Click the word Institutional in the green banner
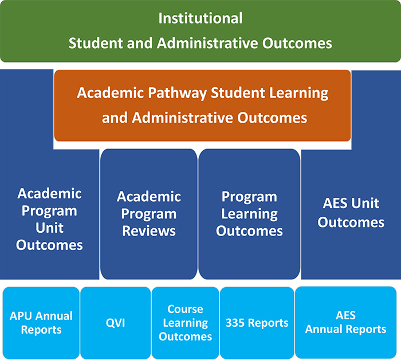tap(200, 18)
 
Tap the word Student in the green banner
tap(96, 43)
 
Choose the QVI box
tap(115, 323)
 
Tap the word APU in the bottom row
tap(19, 316)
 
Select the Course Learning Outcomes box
tap(185, 323)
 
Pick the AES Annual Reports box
tap(346, 322)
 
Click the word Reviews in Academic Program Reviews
tap(149, 231)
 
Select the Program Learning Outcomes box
tap(249, 214)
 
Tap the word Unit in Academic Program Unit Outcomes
tap(49, 228)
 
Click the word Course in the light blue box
tap(185, 309)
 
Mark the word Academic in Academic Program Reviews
tap(149, 197)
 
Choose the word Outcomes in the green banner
tap(297, 43)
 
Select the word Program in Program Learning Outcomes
tap(249, 198)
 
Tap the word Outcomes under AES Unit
tap(351, 222)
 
